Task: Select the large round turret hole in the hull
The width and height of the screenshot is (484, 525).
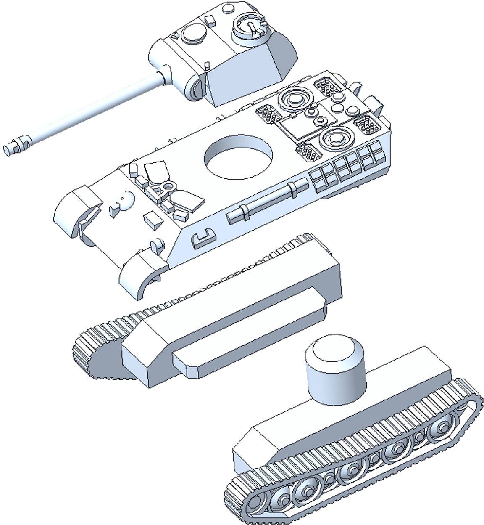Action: tap(238, 156)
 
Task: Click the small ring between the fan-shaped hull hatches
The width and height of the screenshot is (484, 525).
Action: tap(169, 186)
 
